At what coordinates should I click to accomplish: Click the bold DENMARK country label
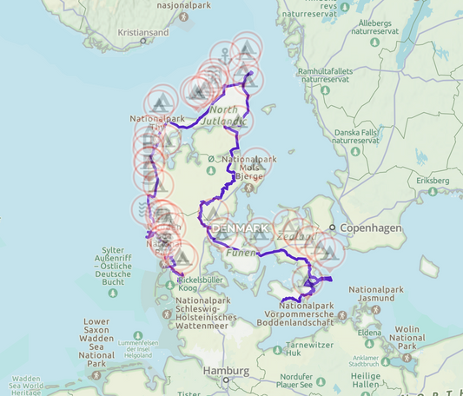[x=241, y=228]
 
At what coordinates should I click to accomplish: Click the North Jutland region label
[x=223, y=115]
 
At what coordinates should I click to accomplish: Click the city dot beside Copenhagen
[x=333, y=228]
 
